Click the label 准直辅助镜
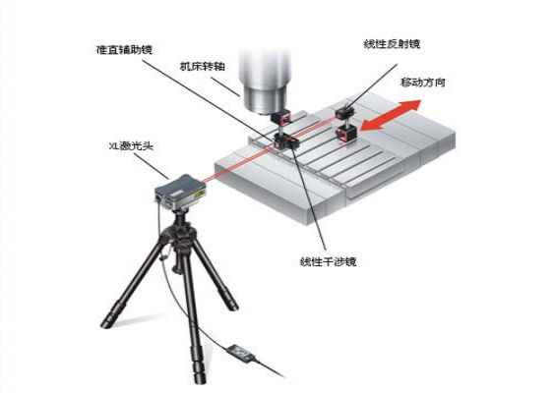pos(124,50)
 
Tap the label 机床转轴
pos(203,67)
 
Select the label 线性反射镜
pos(392,44)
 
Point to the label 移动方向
pos(422,83)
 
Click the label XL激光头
pos(131,145)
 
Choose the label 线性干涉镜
pos(329,261)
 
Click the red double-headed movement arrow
pos(391,115)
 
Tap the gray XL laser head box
pos(180,191)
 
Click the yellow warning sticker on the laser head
pos(201,193)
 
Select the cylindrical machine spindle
pos(265,82)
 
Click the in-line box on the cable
pos(241,352)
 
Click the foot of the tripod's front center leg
pos(200,376)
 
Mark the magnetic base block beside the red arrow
pos(345,134)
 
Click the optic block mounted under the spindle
pos(281,117)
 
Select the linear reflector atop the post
pos(344,113)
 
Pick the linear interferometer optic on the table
pos(287,141)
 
